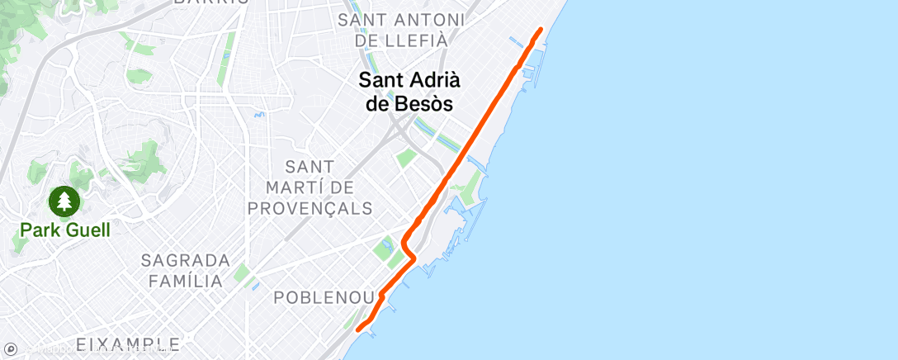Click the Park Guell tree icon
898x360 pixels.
tap(64, 200)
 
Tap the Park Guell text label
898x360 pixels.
tap(64, 229)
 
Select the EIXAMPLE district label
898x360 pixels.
tap(127, 343)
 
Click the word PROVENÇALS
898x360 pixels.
tap(310, 208)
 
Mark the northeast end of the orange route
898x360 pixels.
tap(541, 30)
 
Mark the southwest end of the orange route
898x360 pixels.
tap(358, 329)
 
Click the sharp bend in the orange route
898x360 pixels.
tap(404, 241)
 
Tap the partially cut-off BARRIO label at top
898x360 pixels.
tap(211, 2)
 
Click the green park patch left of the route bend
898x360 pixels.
tap(385, 247)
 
